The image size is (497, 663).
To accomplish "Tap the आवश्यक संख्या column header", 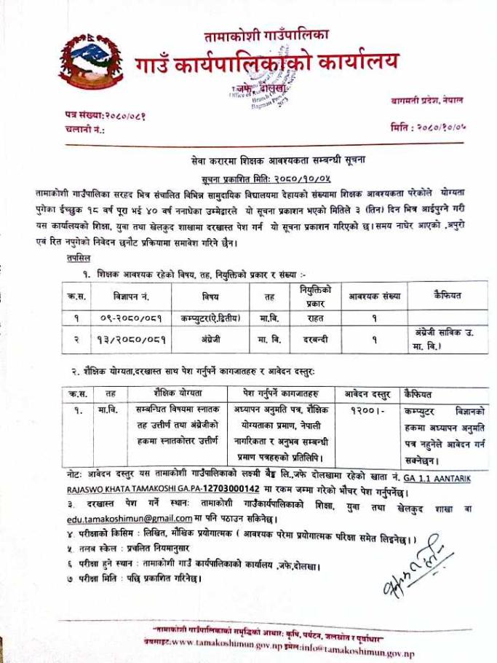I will point(374,297).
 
